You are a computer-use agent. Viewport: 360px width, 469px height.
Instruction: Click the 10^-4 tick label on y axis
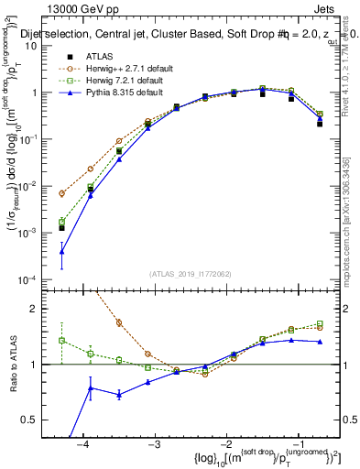(37, 279)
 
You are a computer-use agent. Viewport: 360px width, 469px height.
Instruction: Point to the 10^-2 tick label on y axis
(37, 186)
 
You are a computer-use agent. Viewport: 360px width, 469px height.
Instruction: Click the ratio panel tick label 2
(42, 309)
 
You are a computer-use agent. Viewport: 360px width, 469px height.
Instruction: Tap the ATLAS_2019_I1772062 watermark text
(191, 273)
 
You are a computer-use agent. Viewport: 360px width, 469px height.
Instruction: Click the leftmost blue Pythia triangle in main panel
(61, 251)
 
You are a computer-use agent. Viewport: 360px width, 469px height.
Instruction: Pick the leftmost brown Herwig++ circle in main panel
(61, 193)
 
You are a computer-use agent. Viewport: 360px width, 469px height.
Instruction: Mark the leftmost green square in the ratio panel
(61, 340)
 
